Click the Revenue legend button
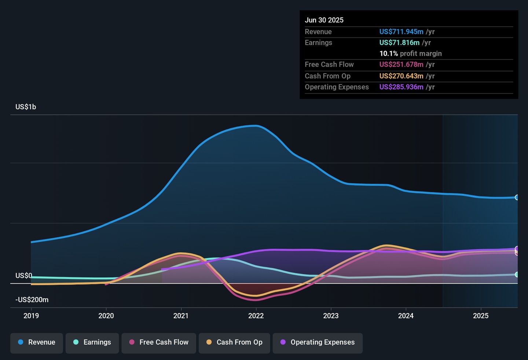37,342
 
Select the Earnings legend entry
92,342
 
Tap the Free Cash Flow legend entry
159,342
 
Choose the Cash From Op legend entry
234,342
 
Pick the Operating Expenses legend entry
318,342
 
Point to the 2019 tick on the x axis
31,316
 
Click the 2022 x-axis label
256,316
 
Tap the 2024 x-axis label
406,316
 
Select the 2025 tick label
481,316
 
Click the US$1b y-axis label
26,107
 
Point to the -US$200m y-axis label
32,300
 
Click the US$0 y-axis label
24,276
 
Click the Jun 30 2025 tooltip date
324,20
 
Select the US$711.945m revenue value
401,32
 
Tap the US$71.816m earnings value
399,43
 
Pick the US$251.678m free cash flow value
401,65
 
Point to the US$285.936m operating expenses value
401,87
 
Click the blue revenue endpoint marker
517,198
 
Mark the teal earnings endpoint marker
517,275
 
